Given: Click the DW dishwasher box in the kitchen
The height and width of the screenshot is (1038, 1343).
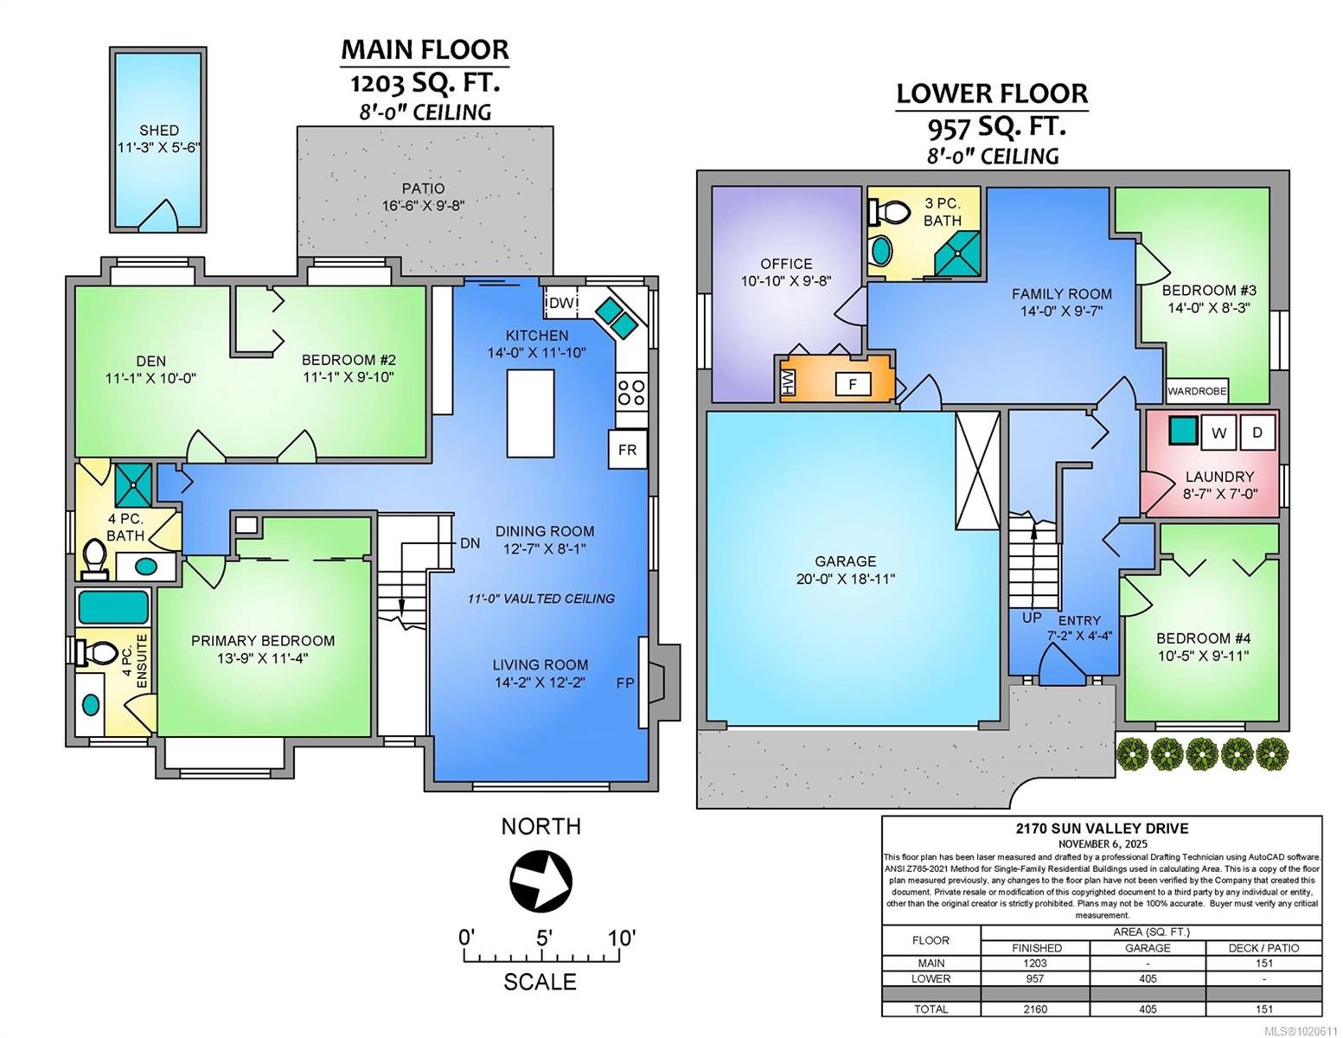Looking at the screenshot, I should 562,303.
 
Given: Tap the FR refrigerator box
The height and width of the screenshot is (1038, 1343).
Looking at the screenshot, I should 627,450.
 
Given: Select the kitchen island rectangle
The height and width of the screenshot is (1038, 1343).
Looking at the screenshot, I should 530,413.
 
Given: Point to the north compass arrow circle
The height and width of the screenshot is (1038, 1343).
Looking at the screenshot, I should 540,882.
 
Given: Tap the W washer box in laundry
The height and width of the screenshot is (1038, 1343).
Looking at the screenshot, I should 1218,433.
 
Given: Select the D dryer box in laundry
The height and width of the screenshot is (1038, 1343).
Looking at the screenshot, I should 1257,432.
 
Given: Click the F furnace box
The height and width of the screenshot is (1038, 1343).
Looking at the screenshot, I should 853,384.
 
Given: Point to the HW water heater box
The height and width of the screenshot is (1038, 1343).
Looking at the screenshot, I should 788,384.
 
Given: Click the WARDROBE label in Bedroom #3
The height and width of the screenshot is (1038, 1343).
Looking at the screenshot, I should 1197,391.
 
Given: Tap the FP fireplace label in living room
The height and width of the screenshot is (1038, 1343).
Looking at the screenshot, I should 625,683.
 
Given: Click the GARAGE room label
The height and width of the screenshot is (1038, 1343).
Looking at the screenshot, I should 845,561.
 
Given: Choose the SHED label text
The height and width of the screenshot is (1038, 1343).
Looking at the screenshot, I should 159,131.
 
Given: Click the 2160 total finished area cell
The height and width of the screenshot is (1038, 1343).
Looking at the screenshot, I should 1035,1009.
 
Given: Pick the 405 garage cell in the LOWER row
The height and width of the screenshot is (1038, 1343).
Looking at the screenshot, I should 1148,978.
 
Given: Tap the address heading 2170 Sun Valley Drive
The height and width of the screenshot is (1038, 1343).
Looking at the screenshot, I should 1102,829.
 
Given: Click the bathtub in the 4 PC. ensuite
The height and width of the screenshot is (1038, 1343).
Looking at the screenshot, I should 112,607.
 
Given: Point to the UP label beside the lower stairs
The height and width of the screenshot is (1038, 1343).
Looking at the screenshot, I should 1032,618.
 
